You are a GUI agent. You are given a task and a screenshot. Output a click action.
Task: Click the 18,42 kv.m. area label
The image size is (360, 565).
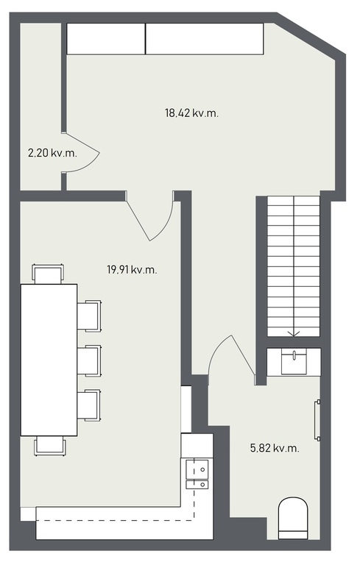pos(191,113)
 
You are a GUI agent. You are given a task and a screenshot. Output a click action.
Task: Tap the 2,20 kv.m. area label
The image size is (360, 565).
pos(53,153)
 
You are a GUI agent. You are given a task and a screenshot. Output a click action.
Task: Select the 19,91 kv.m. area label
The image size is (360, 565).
pos(132,269)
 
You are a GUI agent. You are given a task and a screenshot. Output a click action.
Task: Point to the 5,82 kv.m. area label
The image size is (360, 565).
pos(275,448)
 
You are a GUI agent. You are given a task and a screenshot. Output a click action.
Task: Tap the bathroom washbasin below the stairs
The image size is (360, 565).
pos(294,362)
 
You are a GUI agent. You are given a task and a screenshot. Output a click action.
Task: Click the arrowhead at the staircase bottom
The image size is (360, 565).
pos(294,334)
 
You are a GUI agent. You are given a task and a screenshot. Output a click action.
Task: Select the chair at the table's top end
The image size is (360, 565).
pos(49,274)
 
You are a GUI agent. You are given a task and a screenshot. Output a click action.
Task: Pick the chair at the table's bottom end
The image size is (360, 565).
pos(50,446)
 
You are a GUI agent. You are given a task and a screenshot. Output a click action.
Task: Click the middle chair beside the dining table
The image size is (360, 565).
pos(89,360)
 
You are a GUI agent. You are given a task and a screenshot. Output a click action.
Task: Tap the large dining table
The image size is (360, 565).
pos(49,360)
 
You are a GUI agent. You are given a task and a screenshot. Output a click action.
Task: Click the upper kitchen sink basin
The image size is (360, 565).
pos(197,469)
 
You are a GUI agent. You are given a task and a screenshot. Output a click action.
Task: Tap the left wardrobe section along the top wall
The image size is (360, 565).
pos(106,39)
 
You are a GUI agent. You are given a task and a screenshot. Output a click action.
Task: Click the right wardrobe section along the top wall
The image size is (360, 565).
pos(205,39)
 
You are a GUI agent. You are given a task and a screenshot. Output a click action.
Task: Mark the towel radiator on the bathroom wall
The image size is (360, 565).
pos(317,420)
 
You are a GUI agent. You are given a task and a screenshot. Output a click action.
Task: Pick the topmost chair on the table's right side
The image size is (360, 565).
pos(89,316)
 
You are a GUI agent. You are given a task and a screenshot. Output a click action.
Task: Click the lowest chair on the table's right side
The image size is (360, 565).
pos(89,405)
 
